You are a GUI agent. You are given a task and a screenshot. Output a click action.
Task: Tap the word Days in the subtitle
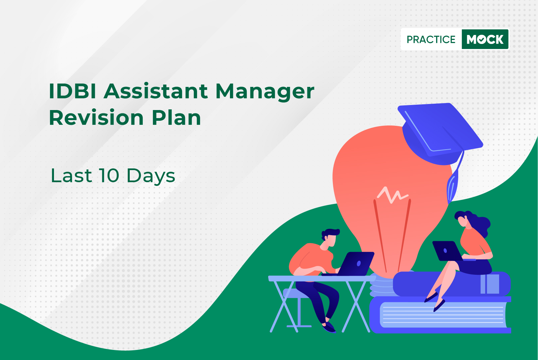[151, 176]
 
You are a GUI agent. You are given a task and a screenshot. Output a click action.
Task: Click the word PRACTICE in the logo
[431, 39]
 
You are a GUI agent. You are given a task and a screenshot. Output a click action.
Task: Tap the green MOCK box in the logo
[485, 39]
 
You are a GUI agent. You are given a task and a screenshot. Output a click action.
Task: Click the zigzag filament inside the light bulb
[393, 195]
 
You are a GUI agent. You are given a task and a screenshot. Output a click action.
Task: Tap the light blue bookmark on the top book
[490, 284]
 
